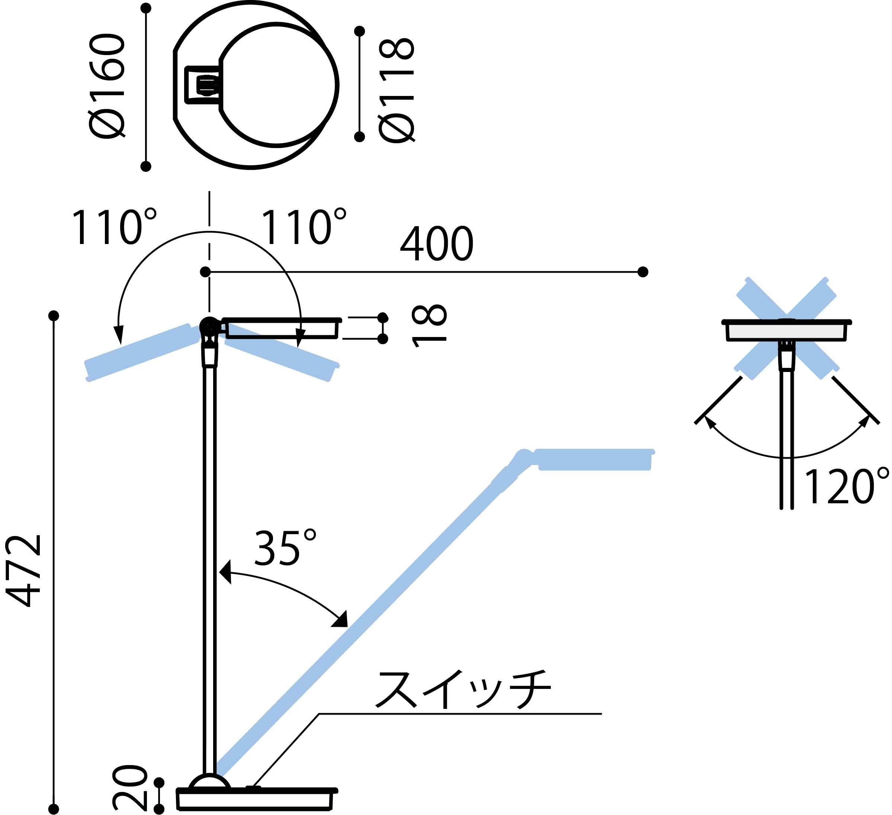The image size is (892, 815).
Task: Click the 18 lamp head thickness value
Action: pos(429,326)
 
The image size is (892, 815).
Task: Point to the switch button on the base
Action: pos(253,787)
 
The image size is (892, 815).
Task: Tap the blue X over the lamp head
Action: pos(786,328)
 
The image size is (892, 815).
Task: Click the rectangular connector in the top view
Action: pos(203,85)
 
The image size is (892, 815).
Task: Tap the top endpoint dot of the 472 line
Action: pos(54,315)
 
